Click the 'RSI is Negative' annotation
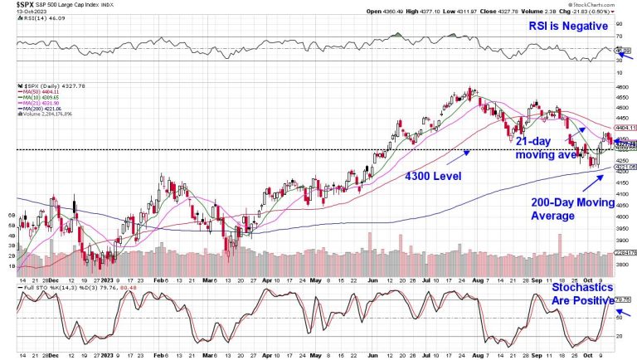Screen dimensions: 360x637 pos(572,28)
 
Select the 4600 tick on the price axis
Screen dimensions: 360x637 pos(622,85)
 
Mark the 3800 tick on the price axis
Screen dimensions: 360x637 pos(622,264)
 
